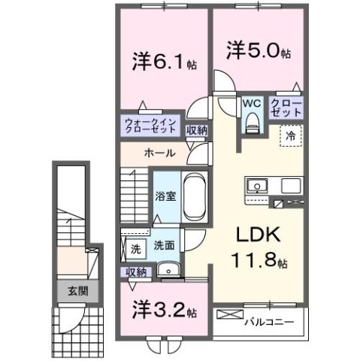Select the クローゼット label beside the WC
286,107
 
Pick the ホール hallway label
159,153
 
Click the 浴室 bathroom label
165,199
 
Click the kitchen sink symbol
257,186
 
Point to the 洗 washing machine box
135,247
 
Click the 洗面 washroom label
164,246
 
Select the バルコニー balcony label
268,322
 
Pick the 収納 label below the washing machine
135,272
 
